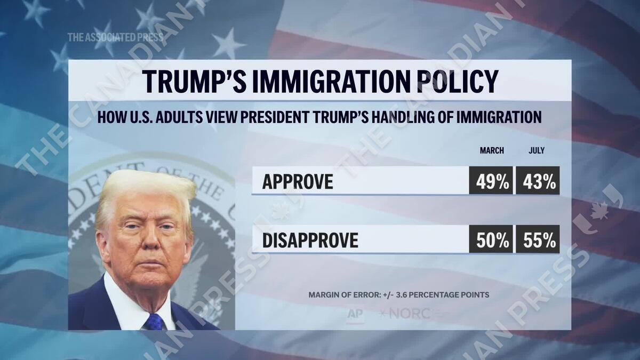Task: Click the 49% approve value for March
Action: [491, 181]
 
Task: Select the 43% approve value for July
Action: [537, 181]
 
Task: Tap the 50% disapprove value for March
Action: [491, 240]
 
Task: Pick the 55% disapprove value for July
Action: [537, 240]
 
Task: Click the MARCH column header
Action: [492, 151]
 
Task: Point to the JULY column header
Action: [537, 151]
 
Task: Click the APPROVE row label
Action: [298, 182]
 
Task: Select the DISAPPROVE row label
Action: [310, 241]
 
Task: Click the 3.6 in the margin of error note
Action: [413, 295]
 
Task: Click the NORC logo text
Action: [409, 314]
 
